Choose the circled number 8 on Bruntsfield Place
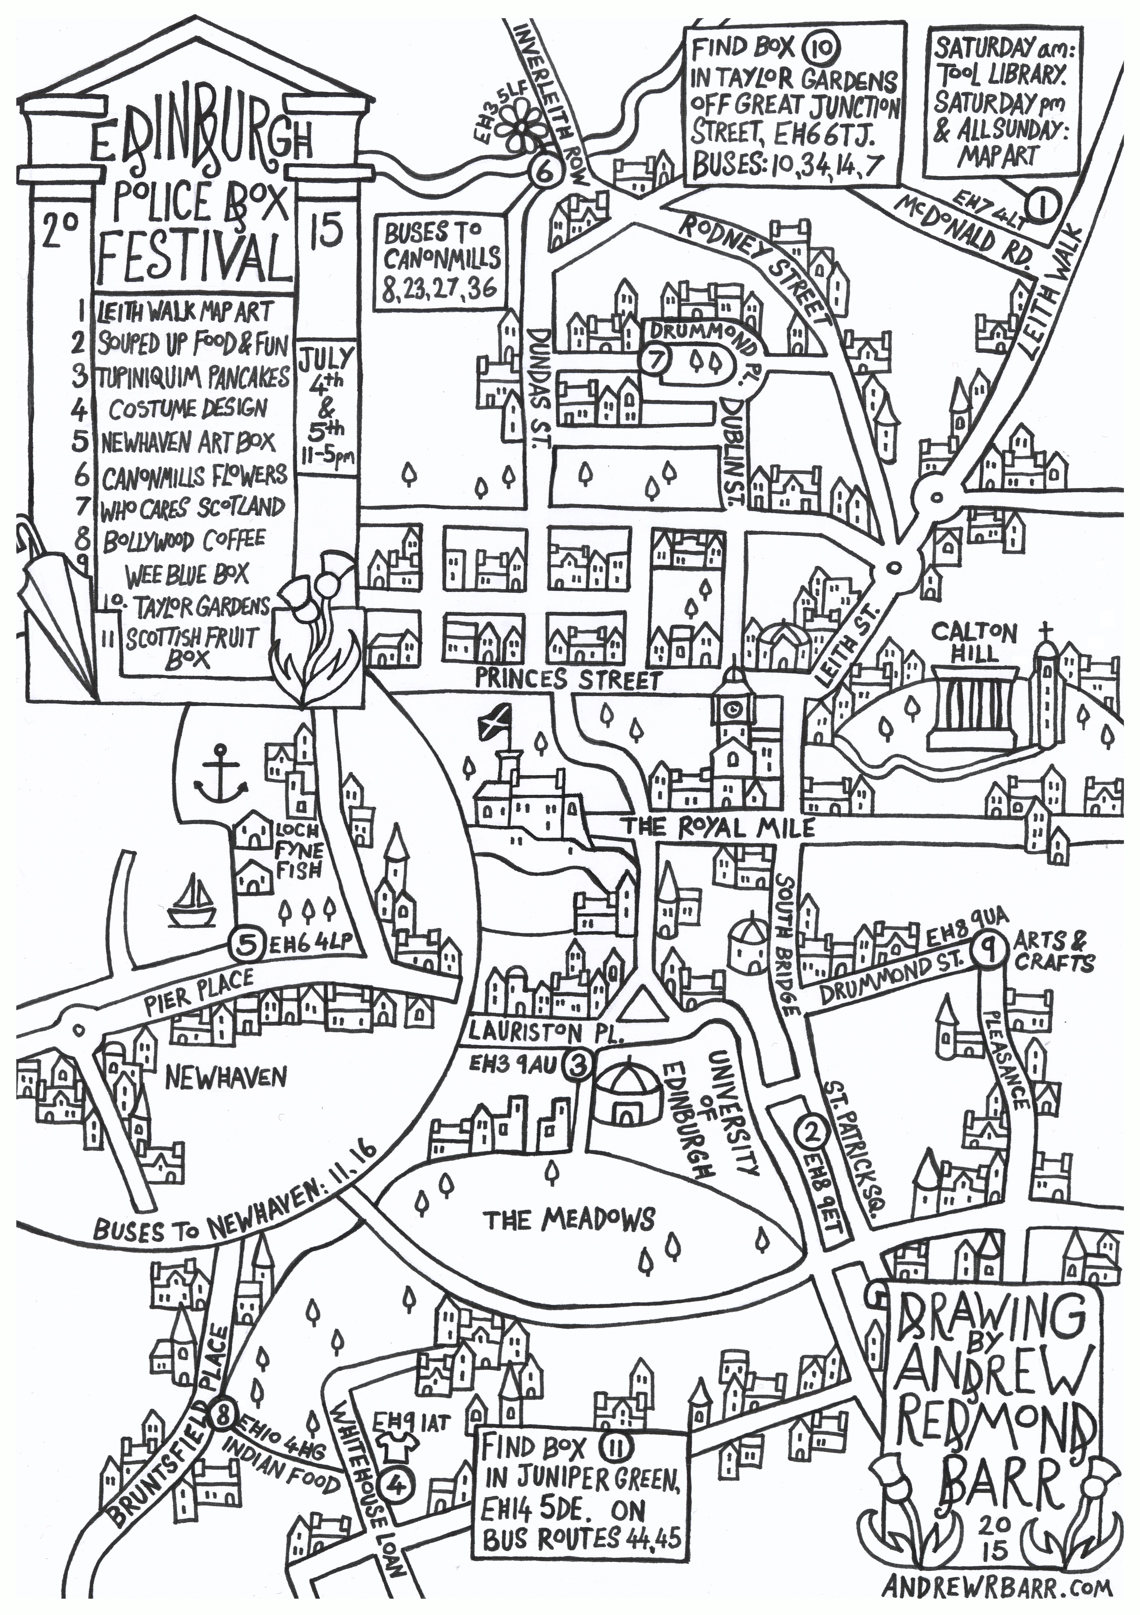click(222, 1394)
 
